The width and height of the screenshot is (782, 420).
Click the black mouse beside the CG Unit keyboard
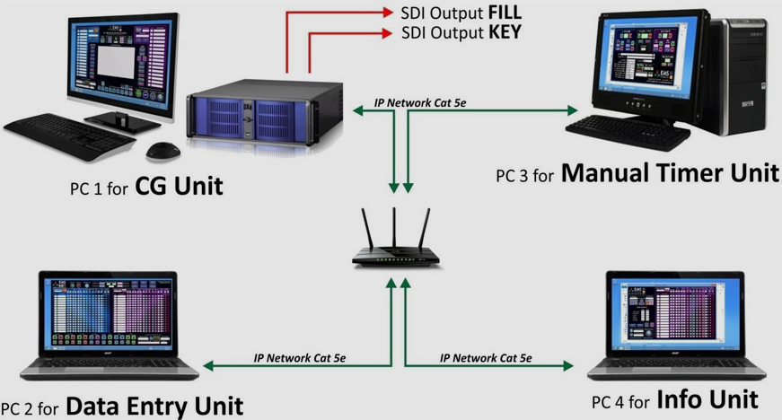[162, 150]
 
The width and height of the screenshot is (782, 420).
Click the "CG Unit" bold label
[179, 187]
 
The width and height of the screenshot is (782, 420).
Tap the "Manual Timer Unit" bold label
[671, 172]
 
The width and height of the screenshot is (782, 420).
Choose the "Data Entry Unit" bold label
[154, 407]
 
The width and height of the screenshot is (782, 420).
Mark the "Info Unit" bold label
[707, 398]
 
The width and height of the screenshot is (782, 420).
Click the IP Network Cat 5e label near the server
[420, 103]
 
